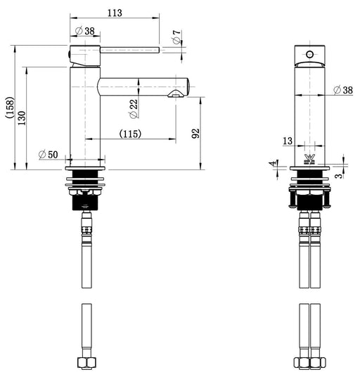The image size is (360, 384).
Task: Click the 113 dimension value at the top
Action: pyautogui.click(x=115, y=13)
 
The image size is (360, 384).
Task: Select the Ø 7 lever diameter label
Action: pyautogui.click(x=176, y=37)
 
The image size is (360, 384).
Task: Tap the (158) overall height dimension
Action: pyautogui.click(x=11, y=108)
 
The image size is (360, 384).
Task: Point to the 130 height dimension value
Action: pyautogui.click(x=22, y=118)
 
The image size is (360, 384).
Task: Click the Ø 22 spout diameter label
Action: pyautogui.click(x=134, y=108)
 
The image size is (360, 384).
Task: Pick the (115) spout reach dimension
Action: pyautogui.click(x=130, y=134)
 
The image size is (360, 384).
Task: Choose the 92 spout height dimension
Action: pyautogui.click(x=195, y=134)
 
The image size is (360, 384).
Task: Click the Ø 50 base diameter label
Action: pyautogui.click(x=49, y=155)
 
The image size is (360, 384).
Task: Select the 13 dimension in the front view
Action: pyautogui.click(x=288, y=141)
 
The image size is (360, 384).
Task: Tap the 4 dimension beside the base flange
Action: pyautogui.click(x=274, y=163)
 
